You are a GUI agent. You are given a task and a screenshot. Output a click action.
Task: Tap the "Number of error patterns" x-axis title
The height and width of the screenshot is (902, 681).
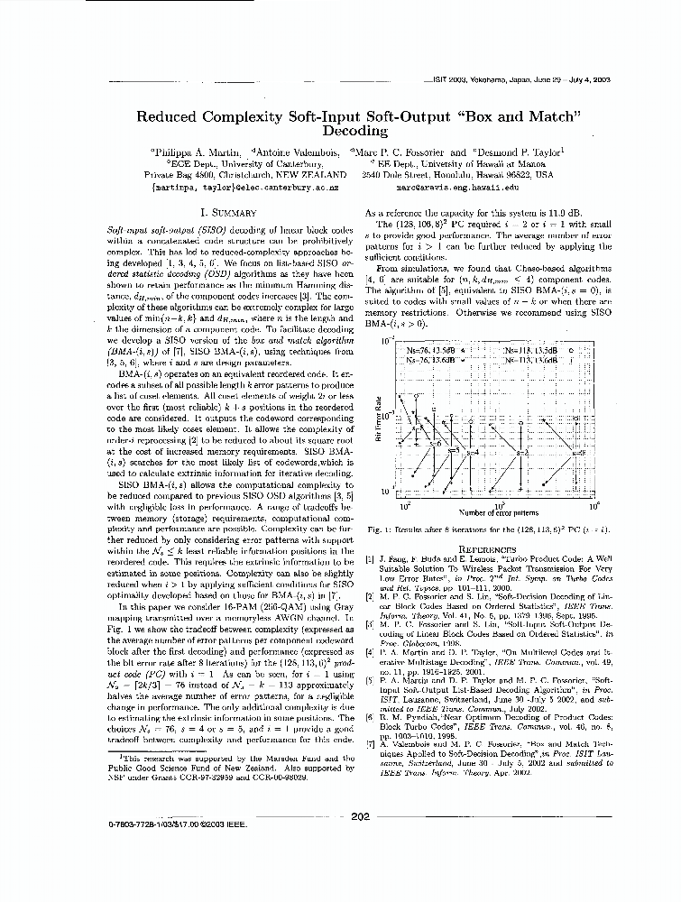pyautogui.click(x=497, y=512)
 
